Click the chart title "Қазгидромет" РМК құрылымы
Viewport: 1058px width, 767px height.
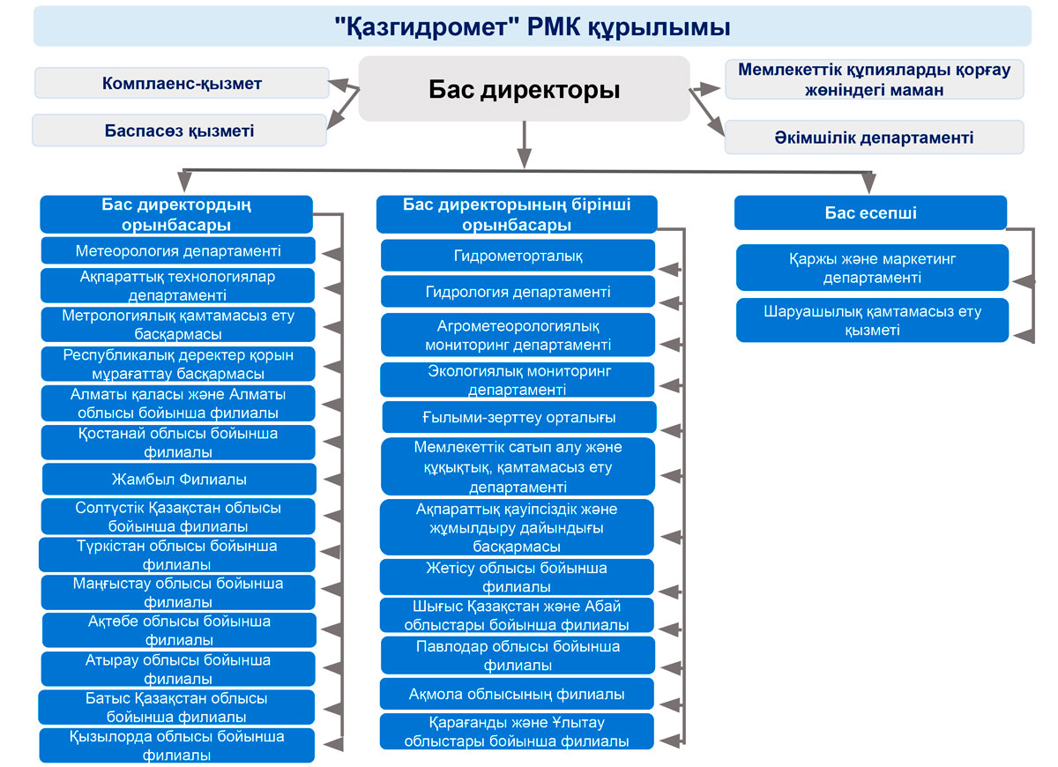(533, 26)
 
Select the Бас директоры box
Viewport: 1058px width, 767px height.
(525, 89)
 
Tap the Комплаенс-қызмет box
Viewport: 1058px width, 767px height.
(182, 83)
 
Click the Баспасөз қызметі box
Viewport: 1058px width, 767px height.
(180, 130)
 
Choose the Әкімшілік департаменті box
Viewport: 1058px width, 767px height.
(875, 137)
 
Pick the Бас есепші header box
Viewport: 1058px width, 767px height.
(870, 212)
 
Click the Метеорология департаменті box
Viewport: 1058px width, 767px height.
(178, 250)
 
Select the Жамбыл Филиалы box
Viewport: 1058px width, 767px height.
(179, 479)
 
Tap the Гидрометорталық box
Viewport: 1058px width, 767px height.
(518, 256)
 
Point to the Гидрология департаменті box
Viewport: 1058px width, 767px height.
(518, 292)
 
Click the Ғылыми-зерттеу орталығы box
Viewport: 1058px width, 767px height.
(519, 417)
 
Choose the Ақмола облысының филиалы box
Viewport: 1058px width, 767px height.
(517, 694)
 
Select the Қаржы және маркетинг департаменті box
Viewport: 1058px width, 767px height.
(872, 268)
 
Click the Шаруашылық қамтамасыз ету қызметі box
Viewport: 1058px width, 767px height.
(872, 320)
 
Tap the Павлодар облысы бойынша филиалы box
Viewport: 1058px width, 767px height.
(518, 655)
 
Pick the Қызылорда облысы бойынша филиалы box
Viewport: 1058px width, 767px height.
(176, 745)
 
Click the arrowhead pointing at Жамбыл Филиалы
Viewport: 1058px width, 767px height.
(333, 480)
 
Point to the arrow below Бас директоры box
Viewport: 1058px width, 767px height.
(525, 145)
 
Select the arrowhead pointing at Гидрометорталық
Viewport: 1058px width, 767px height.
(670, 270)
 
